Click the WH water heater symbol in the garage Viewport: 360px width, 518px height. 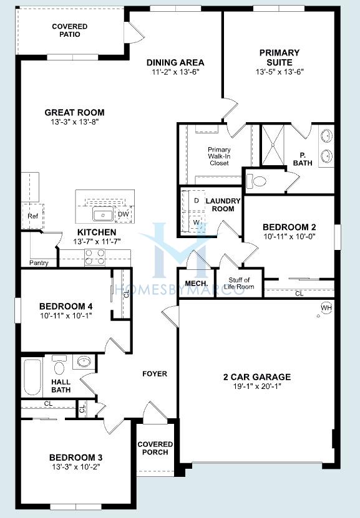[x=326, y=308]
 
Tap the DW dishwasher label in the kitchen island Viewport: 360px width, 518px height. [x=124, y=214]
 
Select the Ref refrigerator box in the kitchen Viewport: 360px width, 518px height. [x=32, y=216]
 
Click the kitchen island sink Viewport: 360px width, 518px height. [x=103, y=214]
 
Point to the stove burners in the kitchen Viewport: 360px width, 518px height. [x=95, y=257]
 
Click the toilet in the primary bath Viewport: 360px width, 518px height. [x=256, y=181]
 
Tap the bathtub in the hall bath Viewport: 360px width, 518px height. [x=32, y=377]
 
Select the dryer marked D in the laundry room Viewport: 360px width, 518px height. [x=197, y=201]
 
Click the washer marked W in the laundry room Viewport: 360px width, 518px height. [x=197, y=223]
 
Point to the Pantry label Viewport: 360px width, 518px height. [x=39, y=263]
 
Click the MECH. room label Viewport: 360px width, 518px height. [x=197, y=284]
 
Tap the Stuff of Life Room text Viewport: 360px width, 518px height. [x=240, y=284]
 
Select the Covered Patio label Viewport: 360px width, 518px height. [x=70, y=31]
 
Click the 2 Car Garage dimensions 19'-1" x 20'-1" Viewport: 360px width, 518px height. [x=257, y=386]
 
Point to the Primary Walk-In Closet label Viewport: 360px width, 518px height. [x=219, y=156]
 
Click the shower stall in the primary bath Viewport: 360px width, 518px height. [x=273, y=145]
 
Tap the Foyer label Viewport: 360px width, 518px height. [x=155, y=374]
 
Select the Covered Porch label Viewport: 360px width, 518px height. [x=155, y=448]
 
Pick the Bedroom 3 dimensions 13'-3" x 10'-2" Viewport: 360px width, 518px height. [x=75, y=467]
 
